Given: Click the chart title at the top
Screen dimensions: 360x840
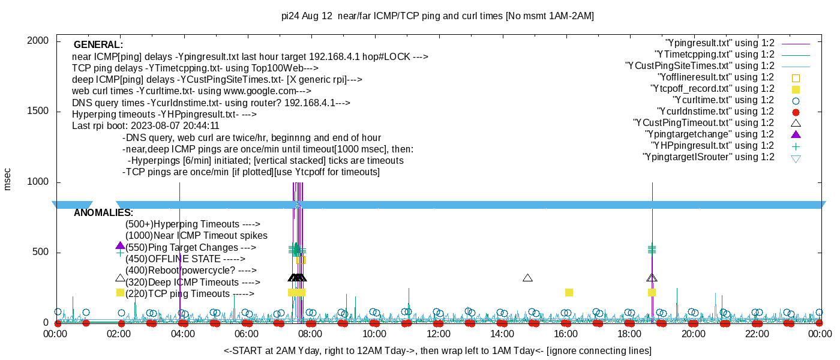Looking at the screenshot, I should point(437,16).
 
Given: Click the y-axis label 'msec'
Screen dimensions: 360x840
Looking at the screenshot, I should point(8,179).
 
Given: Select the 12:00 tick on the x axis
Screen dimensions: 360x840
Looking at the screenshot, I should point(438,334).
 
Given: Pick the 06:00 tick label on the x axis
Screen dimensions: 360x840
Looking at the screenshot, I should point(247,334).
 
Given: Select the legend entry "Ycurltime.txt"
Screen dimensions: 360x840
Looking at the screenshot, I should point(724,100).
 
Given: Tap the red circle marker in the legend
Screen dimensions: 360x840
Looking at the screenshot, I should point(796,112).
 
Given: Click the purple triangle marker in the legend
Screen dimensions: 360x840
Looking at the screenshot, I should point(796,134).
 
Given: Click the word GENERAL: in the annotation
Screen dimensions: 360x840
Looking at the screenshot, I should point(98,45).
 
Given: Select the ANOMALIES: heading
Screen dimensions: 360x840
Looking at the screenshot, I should point(104,213).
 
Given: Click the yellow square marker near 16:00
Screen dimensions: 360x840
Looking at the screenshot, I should point(569,292).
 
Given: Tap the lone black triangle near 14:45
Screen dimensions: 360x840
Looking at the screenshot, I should point(527,278).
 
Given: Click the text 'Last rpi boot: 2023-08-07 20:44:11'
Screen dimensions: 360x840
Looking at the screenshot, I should point(146,126).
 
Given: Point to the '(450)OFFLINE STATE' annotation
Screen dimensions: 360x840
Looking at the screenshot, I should point(185,259).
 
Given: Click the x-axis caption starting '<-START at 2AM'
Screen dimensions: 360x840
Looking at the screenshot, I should point(437,350).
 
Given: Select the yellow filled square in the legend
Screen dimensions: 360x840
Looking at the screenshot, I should point(796,89).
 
